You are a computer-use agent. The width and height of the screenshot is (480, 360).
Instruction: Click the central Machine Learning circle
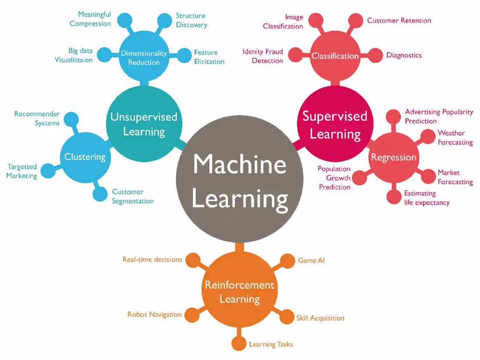click(240, 181)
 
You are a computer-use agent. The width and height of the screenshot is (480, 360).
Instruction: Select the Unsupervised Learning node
click(144, 124)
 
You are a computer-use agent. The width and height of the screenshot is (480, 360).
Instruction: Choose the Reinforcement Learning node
click(240, 291)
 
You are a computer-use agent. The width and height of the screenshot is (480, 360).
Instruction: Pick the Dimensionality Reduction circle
click(144, 57)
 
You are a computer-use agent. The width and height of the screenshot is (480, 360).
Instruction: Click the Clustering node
click(85, 157)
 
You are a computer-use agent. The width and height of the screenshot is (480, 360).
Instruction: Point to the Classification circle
click(335, 56)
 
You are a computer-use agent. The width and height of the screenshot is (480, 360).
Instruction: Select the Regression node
click(394, 157)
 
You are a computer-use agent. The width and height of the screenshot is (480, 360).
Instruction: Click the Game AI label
click(311, 261)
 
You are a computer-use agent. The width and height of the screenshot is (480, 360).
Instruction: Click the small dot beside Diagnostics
click(375, 55)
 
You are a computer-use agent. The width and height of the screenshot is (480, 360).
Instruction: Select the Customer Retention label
click(399, 21)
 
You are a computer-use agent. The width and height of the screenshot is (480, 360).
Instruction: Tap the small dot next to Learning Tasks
click(239, 343)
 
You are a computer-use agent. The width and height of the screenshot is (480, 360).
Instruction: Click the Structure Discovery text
click(191, 21)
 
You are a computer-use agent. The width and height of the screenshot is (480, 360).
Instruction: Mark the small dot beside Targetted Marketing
click(48, 171)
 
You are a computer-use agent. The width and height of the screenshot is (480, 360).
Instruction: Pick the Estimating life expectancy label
click(426, 198)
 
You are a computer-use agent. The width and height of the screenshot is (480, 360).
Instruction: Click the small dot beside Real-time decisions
click(192, 260)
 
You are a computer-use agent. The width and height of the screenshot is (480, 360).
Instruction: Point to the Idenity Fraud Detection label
click(263, 56)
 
